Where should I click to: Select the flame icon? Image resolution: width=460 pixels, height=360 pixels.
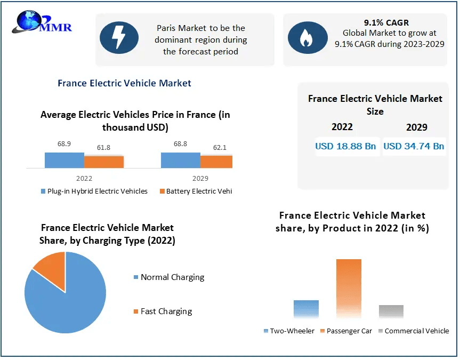(308, 37)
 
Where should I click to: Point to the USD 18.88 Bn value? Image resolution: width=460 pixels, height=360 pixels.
(345, 146)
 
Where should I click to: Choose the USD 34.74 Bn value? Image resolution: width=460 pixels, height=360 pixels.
(414, 146)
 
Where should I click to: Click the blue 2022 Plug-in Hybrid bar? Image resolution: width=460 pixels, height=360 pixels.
(64, 161)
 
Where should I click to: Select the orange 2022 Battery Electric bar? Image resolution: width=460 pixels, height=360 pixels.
(104, 162)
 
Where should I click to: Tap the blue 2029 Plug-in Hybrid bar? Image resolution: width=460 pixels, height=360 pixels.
(181, 161)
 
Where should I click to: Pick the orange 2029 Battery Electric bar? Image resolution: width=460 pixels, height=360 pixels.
(216, 162)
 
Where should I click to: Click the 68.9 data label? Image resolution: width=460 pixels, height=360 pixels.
(64, 144)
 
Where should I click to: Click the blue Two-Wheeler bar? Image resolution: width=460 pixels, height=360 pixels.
(306, 309)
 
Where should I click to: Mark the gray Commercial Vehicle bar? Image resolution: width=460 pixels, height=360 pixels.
(391, 311)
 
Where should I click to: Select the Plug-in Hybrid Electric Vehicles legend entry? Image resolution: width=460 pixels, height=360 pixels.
(94, 191)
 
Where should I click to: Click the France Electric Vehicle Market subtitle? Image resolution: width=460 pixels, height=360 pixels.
(124, 83)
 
